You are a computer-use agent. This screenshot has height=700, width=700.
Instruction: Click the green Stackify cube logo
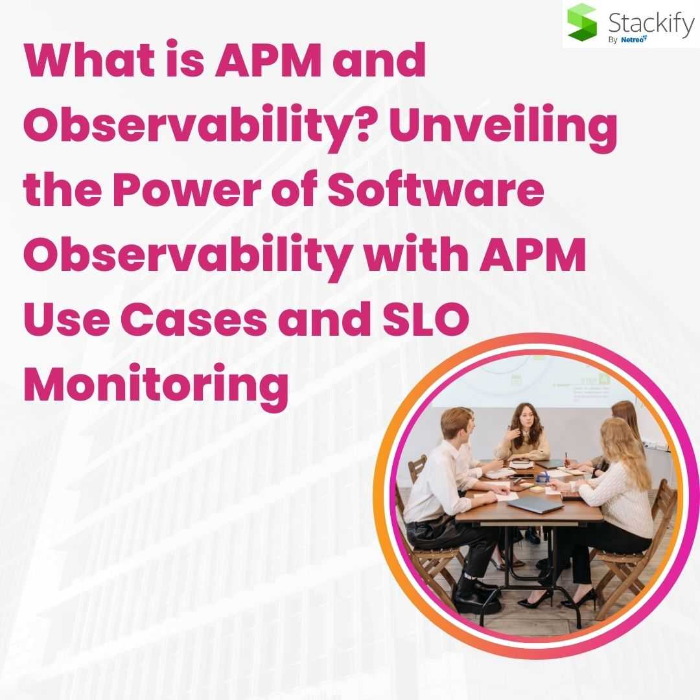[582, 22]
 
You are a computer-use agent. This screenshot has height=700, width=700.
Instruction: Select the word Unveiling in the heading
[503, 126]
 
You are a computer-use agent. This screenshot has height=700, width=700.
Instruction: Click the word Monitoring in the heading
[156, 386]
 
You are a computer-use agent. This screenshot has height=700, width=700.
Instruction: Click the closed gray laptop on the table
[535, 505]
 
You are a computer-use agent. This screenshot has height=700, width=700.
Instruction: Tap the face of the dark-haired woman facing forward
[525, 419]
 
